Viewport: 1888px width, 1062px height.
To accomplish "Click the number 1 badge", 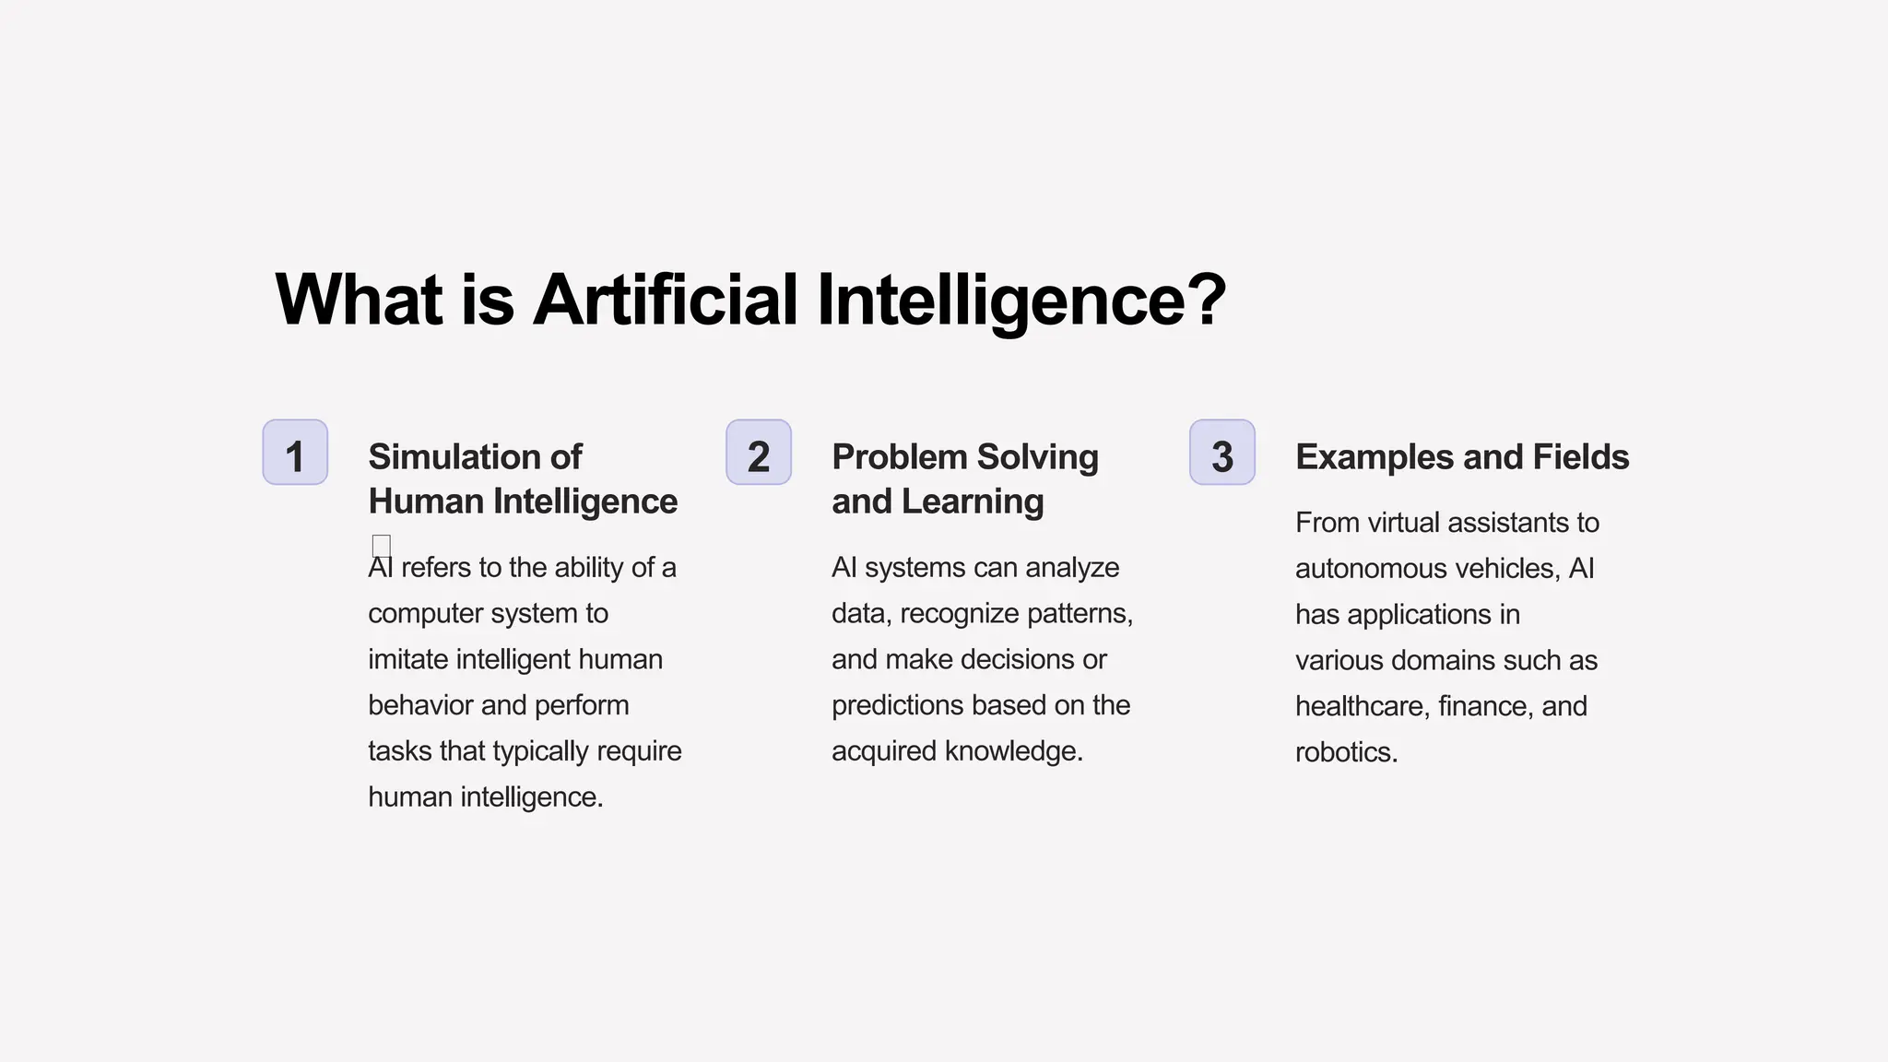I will pos(295,453).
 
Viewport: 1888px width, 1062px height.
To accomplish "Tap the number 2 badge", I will pos(759,453).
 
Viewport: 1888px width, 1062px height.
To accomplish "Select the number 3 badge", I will pos(1222,453).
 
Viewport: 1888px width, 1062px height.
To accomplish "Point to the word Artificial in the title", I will pos(665,300).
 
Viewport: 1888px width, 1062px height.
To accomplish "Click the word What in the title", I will pos(359,300).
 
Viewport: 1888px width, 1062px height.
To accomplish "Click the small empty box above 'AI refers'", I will pos(382,545).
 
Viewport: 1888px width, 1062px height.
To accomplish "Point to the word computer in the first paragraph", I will pos(425,614).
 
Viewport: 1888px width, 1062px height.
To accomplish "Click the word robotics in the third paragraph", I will pos(1346,752).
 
